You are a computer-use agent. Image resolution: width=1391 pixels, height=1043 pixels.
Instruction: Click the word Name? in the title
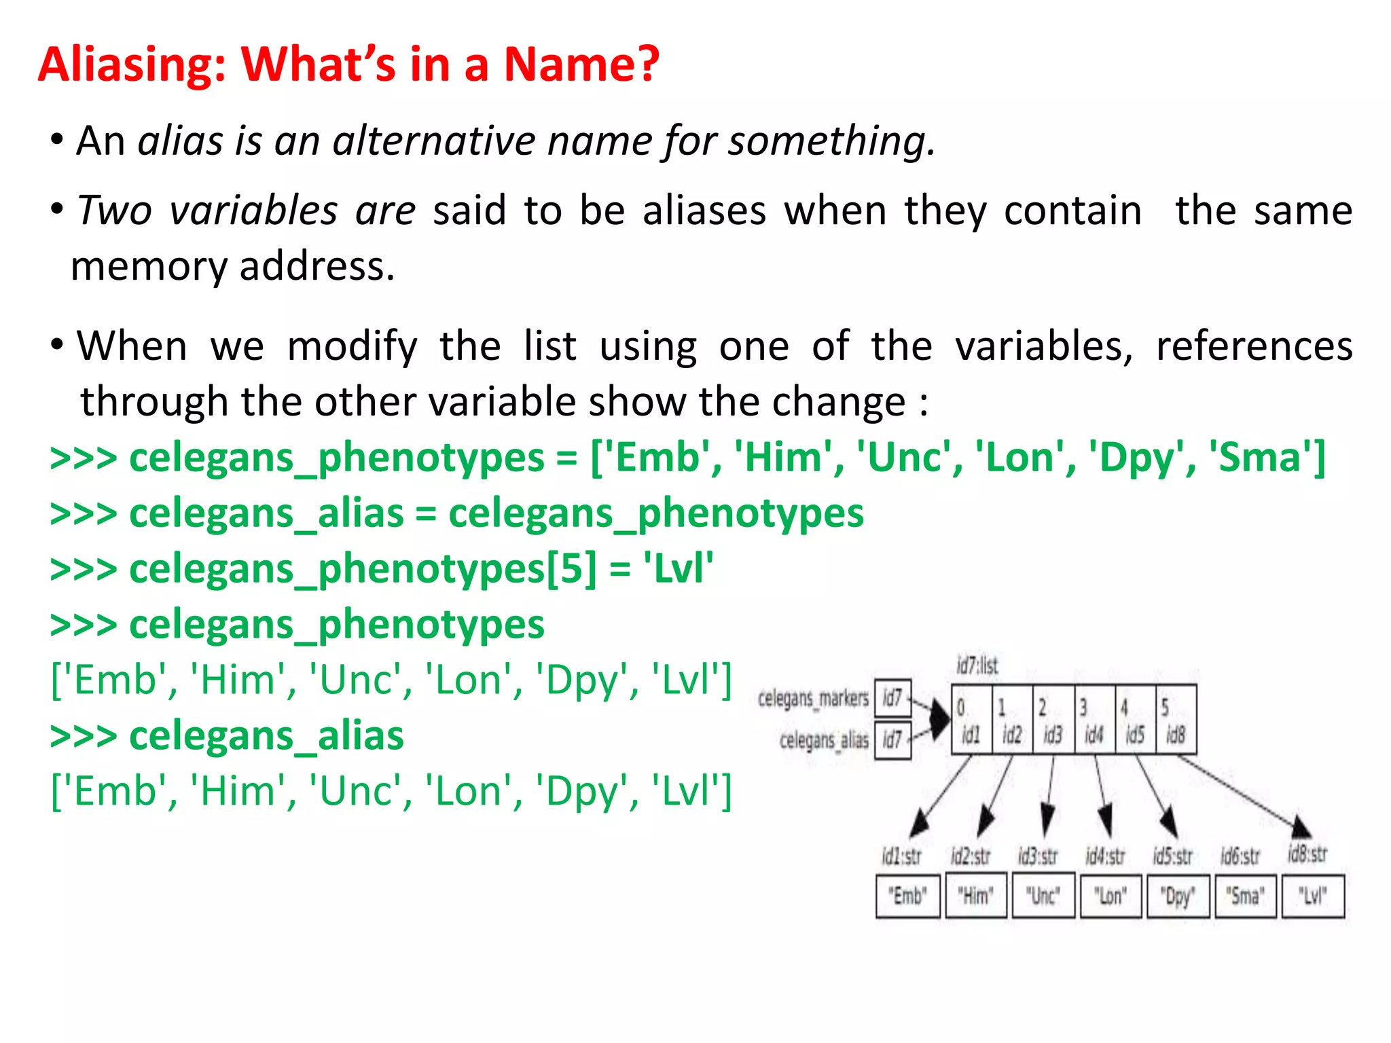click(x=581, y=65)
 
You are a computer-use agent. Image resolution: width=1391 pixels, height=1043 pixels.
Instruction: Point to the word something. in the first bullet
click(x=831, y=141)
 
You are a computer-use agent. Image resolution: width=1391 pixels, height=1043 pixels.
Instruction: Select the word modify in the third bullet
click(x=352, y=347)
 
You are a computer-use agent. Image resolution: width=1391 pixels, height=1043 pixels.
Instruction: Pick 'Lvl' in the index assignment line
click(x=677, y=569)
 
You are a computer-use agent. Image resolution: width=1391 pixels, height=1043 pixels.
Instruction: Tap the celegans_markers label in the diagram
click(x=813, y=698)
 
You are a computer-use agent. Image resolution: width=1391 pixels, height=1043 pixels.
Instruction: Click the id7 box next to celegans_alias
click(x=892, y=739)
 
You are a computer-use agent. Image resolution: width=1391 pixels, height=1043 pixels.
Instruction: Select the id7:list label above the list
click(x=977, y=665)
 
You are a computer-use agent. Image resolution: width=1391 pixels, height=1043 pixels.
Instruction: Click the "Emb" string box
click(x=907, y=896)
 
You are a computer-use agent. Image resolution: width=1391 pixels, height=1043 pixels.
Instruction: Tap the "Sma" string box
click(x=1245, y=896)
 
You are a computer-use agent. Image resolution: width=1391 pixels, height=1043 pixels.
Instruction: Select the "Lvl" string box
click(x=1312, y=896)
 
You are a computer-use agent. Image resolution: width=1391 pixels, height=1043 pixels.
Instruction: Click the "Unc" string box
click(x=1043, y=896)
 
